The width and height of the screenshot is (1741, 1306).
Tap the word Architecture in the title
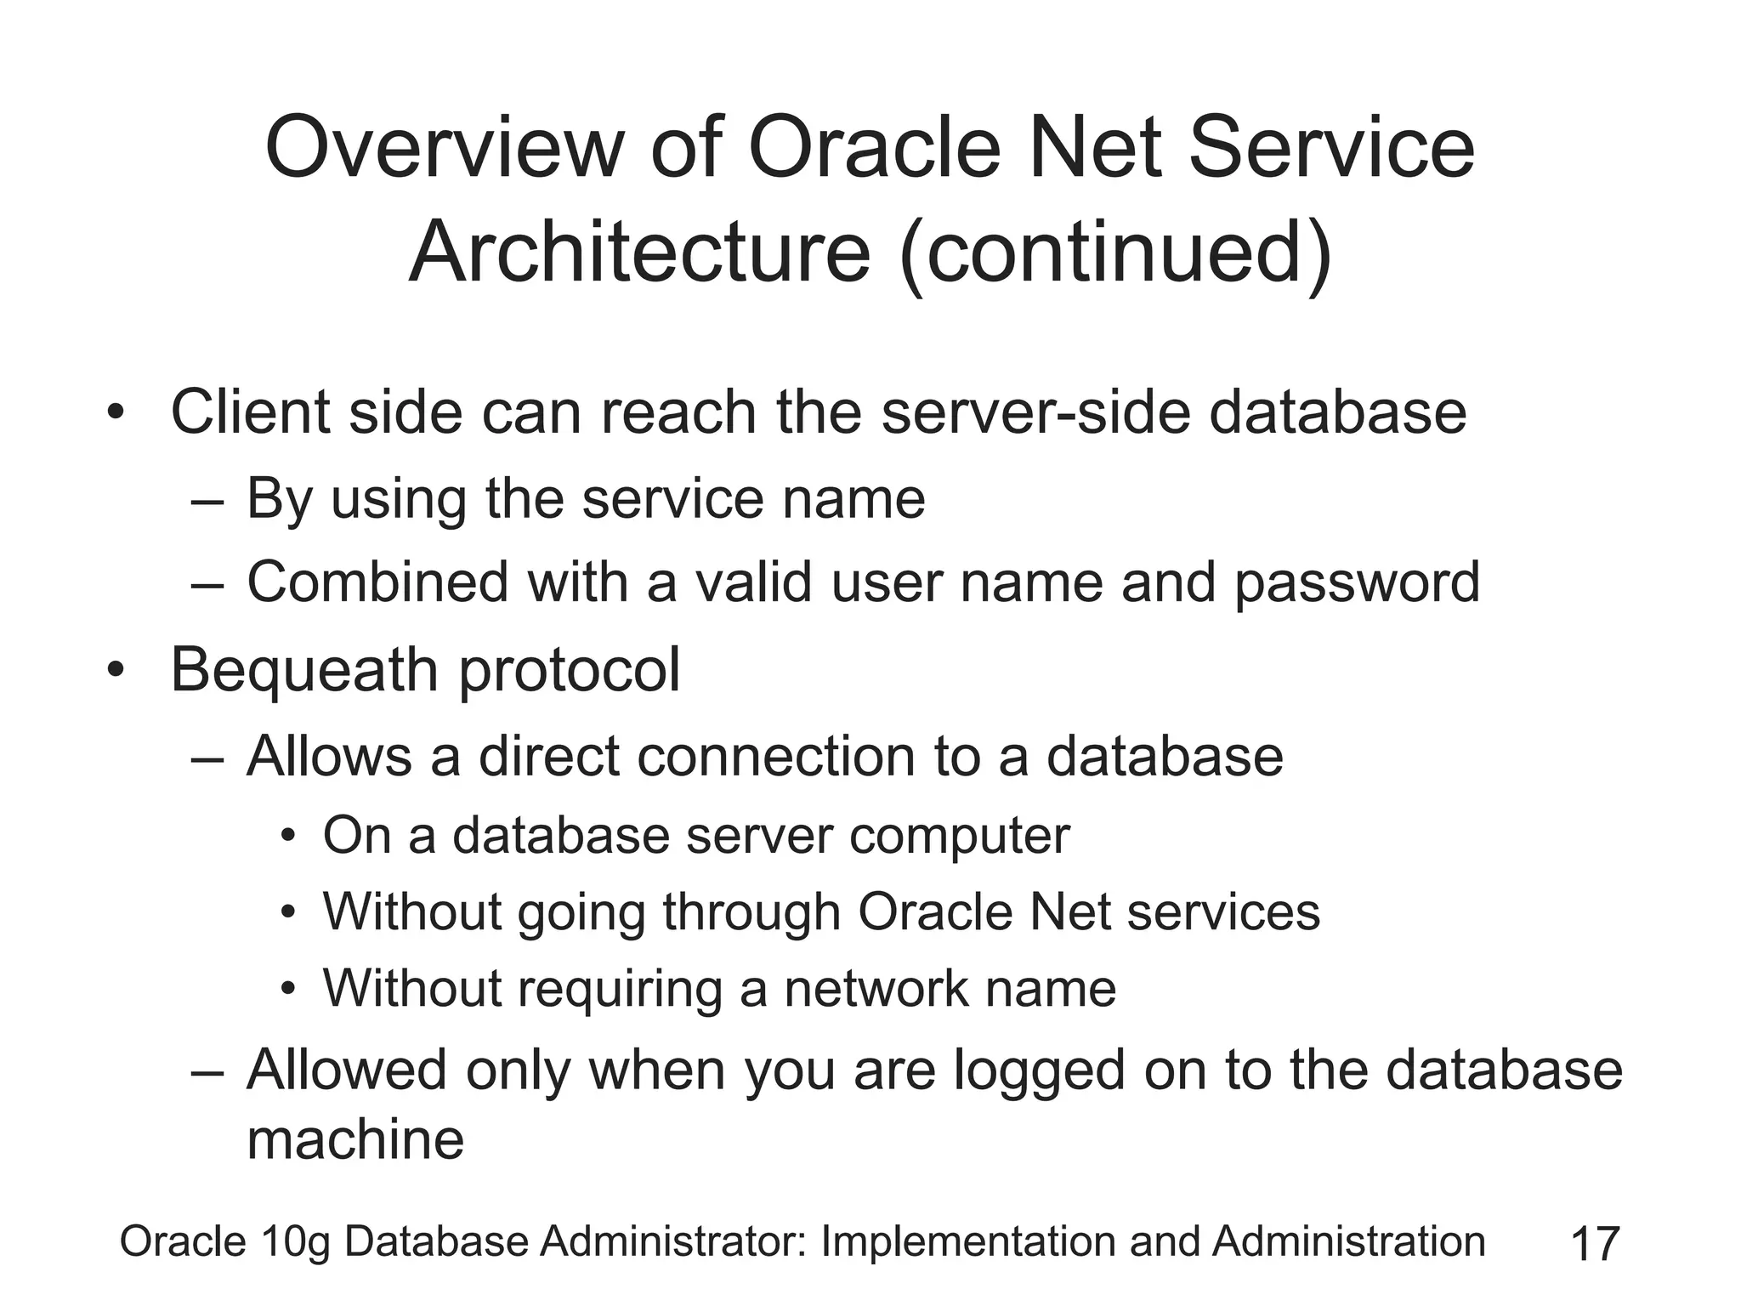click(639, 253)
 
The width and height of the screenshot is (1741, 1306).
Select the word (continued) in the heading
click(1115, 253)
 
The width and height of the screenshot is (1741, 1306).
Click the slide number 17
click(1595, 1244)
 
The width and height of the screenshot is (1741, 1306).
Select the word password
click(1357, 584)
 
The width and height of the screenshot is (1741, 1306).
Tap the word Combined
click(377, 582)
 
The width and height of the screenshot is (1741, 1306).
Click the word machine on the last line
click(355, 1139)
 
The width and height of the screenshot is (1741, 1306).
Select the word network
click(875, 989)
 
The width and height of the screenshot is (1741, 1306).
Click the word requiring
click(619, 991)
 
